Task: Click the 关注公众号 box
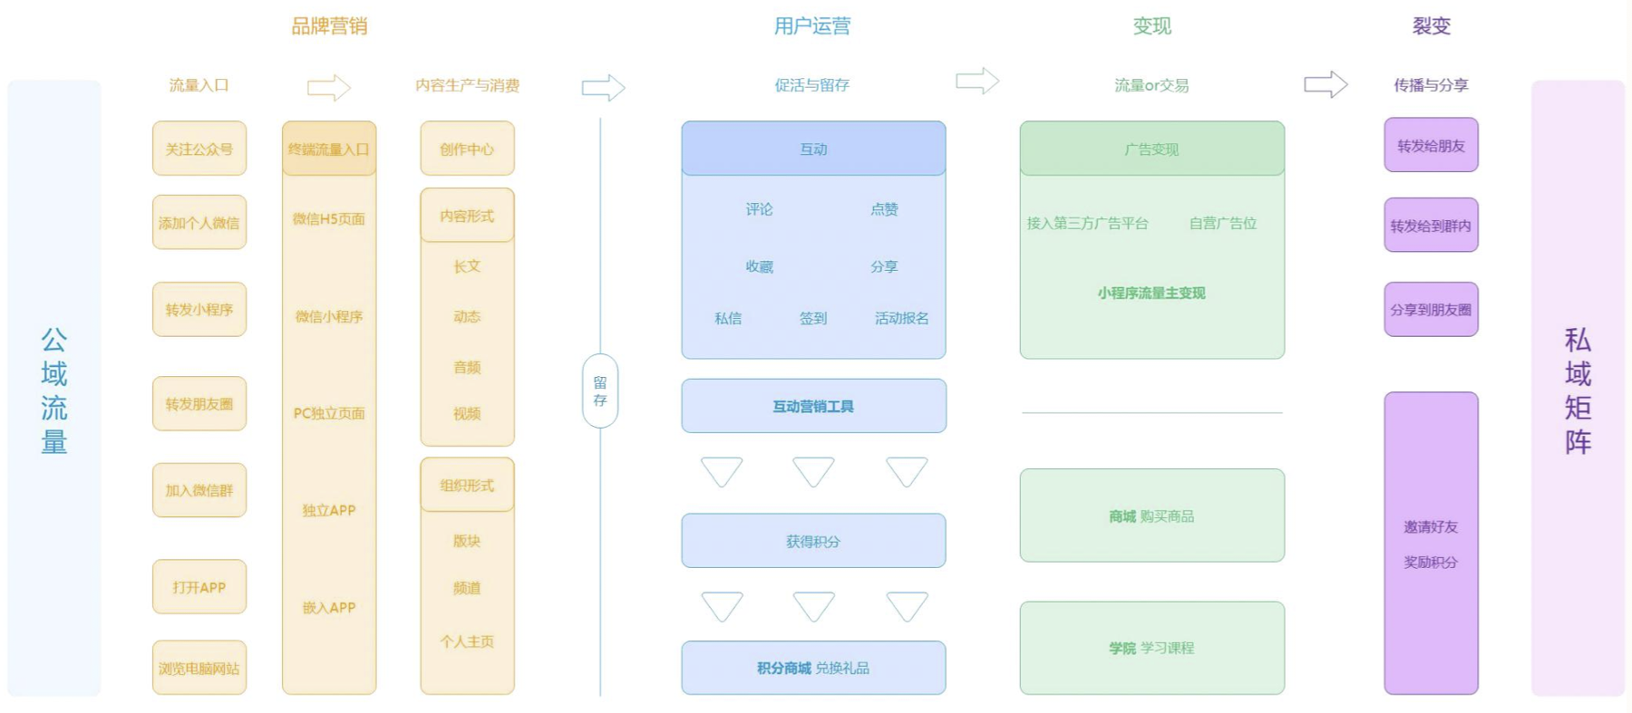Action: tap(199, 149)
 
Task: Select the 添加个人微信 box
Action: tap(199, 222)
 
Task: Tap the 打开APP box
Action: tap(199, 587)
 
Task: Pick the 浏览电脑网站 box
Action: tap(199, 668)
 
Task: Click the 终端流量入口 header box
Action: tap(328, 149)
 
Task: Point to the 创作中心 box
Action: tap(467, 149)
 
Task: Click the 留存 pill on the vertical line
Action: tap(599, 390)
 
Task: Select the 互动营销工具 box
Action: tap(813, 406)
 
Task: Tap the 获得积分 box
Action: tap(813, 541)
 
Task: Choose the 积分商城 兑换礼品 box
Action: tap(813, 668)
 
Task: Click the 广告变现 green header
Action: tap(1151, 149)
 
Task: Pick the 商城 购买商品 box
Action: tap(1151, 515)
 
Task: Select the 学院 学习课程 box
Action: tap(1151, 648)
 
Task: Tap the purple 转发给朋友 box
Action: tap(1431, 145)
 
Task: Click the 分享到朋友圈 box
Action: tap(1431, 309)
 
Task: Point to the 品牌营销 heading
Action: tap(328, 26)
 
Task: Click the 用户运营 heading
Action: tap(812, 26)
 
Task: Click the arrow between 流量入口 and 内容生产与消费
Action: tap(328, 87)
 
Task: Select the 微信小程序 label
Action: tap(328, 316)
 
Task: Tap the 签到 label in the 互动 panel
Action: tap(812, 318)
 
